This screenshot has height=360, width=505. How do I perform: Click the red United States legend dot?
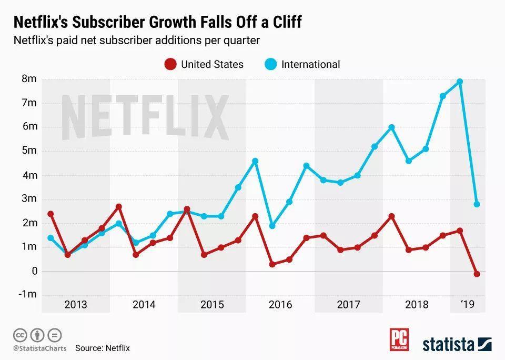point(170,64)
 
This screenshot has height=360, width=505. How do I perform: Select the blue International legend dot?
point(270,64)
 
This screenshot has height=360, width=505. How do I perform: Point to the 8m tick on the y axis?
point(29,79)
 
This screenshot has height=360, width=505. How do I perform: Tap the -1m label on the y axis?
point(27,294)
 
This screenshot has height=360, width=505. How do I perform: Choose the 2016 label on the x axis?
point(280,304)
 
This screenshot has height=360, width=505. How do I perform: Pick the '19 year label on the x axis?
point(467,304)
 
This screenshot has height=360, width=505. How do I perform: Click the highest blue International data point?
point(460,82)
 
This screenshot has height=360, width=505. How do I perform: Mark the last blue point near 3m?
point(477,204)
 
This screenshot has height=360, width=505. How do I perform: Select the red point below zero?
point(477,274)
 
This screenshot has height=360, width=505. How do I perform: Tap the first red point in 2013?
point(50,214)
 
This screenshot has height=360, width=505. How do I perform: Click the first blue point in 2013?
point(50,238)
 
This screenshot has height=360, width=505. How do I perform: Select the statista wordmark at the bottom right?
point(448,345)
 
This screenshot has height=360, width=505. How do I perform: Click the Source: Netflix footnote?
point(102,348)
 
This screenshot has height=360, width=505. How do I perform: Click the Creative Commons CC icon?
point(20,335)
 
